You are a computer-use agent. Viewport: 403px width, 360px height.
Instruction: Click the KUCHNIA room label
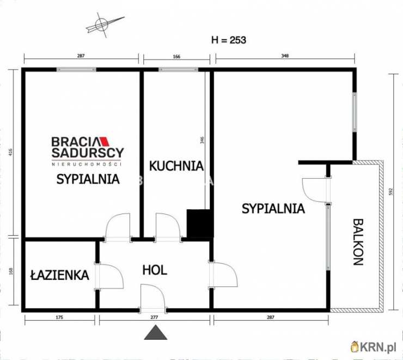(176, 165)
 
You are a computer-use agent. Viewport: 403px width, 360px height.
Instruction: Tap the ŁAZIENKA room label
(59, 275)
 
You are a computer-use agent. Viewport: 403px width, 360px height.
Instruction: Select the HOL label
(155, 270)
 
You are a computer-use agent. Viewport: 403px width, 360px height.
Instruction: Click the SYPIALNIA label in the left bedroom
(88, 179)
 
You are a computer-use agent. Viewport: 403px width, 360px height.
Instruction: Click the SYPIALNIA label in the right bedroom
(273, 208)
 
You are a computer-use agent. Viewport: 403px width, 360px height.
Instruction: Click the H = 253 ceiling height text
(229, 40)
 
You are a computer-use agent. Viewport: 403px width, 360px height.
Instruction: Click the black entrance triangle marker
(156, 332)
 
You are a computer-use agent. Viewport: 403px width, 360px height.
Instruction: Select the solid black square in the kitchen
(199, 224)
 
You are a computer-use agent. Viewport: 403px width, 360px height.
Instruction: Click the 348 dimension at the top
(285, 56)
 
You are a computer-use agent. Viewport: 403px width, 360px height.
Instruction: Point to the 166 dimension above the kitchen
(176, 56)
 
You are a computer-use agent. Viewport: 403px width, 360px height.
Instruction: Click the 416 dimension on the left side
(11, 153)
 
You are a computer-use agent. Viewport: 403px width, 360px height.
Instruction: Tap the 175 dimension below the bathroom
(60, 318)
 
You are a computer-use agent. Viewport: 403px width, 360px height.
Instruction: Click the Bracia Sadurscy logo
(88, 150)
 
